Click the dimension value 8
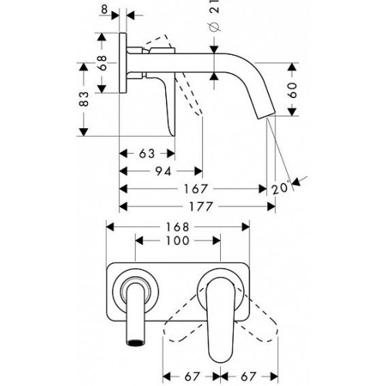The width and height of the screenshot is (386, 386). pyautogui.click(x=104, y=9)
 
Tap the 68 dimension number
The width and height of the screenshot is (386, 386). pyautogui.click(x=103, y=63)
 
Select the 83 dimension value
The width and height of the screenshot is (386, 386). pyautogui.click(x=84, y=99)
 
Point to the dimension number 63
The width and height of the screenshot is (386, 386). pyautogui.click(x=147, y=154)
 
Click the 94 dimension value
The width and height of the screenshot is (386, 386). pyautogui.click(x=164, y=171)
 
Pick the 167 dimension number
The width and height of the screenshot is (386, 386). pyautogui.click(x=195, y=189)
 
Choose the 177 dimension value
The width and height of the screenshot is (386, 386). pyautogui.click(x=201, y=207)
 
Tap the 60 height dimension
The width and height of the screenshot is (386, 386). pyautogui.click(x=293, y=90)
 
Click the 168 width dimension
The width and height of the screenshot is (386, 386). pyautogui.click(x=178, y=227)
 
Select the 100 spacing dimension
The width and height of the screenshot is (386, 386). pyautogui.click(x=178, y=241)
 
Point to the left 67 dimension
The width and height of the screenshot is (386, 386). pyautogui.click(x=192, y=377)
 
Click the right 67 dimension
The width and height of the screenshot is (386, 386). pyautogui.click(x=249, y=377)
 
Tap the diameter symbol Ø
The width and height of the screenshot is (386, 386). pyautogui.click(x=215, y=28)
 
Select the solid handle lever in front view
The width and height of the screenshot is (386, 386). pyautogui.click(x=221, y=319)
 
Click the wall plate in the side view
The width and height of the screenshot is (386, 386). pyautogui.click(x=123, y=63)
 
